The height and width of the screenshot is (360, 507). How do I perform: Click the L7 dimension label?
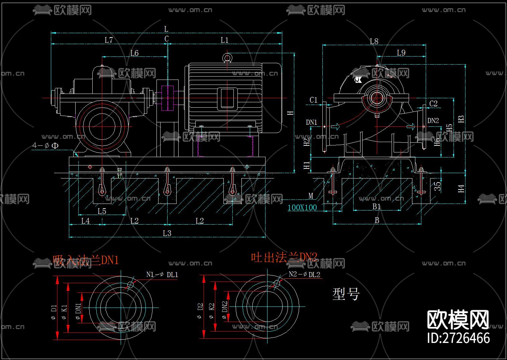(x=109, y=40)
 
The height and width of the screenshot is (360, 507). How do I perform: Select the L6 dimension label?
(x=134, y=53)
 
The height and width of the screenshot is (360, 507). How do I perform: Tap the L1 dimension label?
(x=224, y=40)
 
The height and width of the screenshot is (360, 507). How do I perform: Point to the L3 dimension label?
(x=167, y=233)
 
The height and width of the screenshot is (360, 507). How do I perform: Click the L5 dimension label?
(x=102, y=211)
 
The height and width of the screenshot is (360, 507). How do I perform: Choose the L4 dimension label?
(x=86, y=221)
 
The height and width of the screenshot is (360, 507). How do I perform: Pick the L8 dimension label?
(x=374, y=41)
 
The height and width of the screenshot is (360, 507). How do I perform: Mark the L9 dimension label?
(x=401, y=53)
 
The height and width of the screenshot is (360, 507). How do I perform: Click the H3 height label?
(x=461, y=119)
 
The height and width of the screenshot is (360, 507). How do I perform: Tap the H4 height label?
(x=462, y=189)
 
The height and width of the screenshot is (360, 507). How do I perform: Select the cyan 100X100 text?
(x=302, y=208)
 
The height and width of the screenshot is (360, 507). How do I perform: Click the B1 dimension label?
(x=377, y=207)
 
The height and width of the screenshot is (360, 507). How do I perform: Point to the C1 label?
(x=313, y=100)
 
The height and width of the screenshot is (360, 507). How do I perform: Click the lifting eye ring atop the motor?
(x=227, y=58)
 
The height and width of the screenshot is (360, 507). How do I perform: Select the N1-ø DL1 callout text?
(x=162, y=274)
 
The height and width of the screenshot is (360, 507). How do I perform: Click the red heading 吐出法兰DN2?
(x=284, y=257)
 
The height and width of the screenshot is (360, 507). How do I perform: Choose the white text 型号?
(x=346, y=294)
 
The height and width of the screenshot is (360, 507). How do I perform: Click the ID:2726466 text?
(x=459, y=338)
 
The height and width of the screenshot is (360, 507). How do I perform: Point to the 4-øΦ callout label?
(x=45, y=146)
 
